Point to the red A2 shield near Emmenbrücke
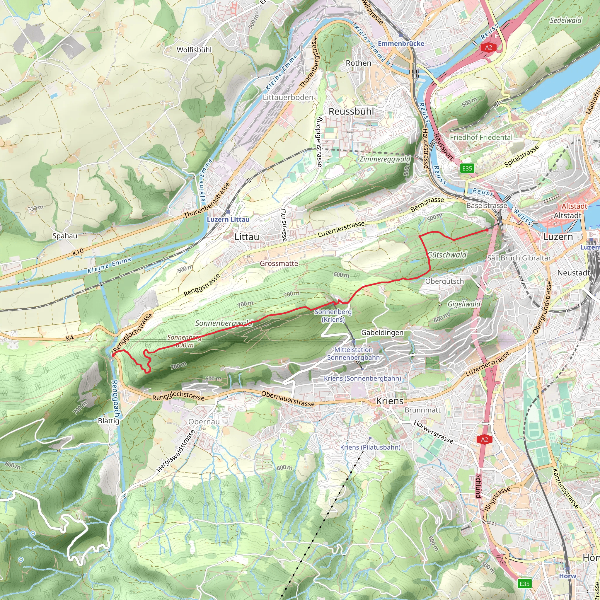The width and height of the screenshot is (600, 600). tap(488, 47)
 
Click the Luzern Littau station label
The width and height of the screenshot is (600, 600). tap(228, 219)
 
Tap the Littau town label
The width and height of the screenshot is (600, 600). tap(246, 237)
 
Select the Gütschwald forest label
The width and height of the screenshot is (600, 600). tap(447, 255)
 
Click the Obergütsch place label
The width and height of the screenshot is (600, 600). tap(444, 281)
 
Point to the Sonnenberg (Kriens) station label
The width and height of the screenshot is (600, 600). tap(333, 316)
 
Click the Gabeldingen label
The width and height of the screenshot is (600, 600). tap(382, 333)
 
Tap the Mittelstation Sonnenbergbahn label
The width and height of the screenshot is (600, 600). tap(353, 353)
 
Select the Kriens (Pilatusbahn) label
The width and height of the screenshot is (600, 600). tap(370, 447)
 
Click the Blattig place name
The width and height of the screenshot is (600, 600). tap(108, 421)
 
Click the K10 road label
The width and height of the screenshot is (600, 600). tap(78, 253)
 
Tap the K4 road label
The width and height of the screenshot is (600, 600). tap(70, 338)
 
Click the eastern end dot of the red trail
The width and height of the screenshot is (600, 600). tap(487, 230)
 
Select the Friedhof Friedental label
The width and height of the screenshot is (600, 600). tap(481, 137)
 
